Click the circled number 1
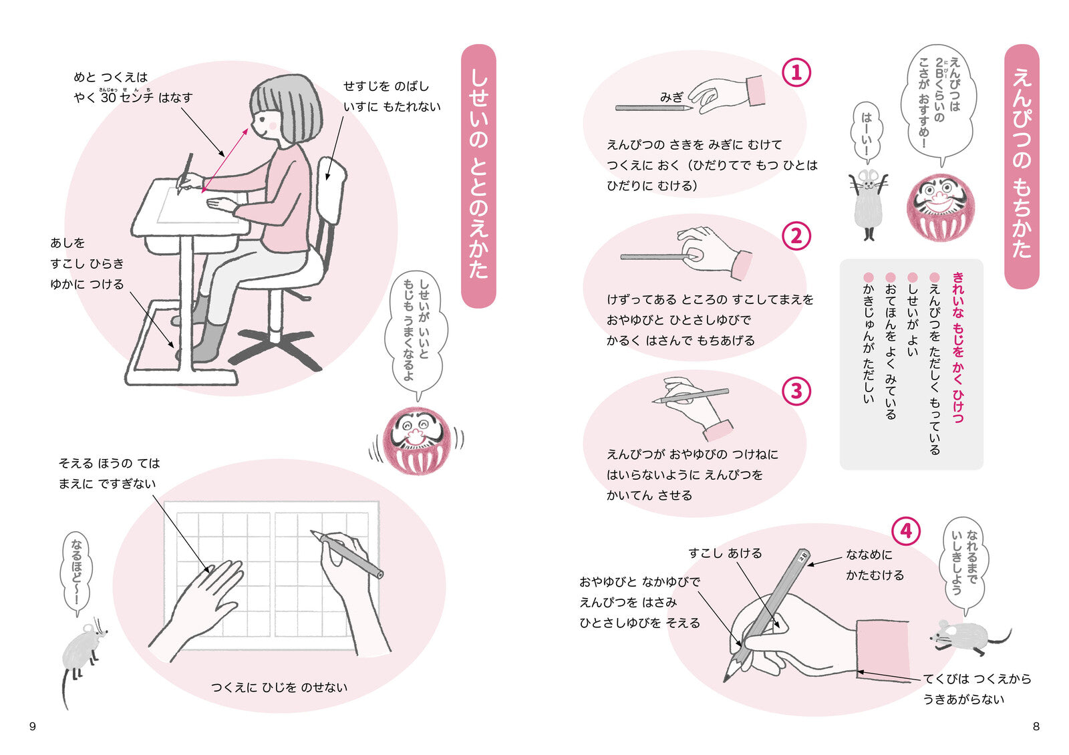tap(796, 73)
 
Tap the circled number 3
tap(796, 391)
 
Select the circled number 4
tap(906, 531)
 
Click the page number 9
tap(33, 726)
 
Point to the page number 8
tap(1036, 726)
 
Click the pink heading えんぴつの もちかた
tap(1022, 164)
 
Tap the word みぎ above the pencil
tap(671, 98)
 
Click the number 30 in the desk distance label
tap(108, 98)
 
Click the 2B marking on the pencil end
tap(802, 557)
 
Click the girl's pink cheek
tap(273, 126)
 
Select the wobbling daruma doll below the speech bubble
tap(416, 440)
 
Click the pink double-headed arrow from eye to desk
tap(224, 160)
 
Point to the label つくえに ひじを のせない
tap(279, 688)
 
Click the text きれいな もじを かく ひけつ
tap(957, 347)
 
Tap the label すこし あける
tap(725, 553)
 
